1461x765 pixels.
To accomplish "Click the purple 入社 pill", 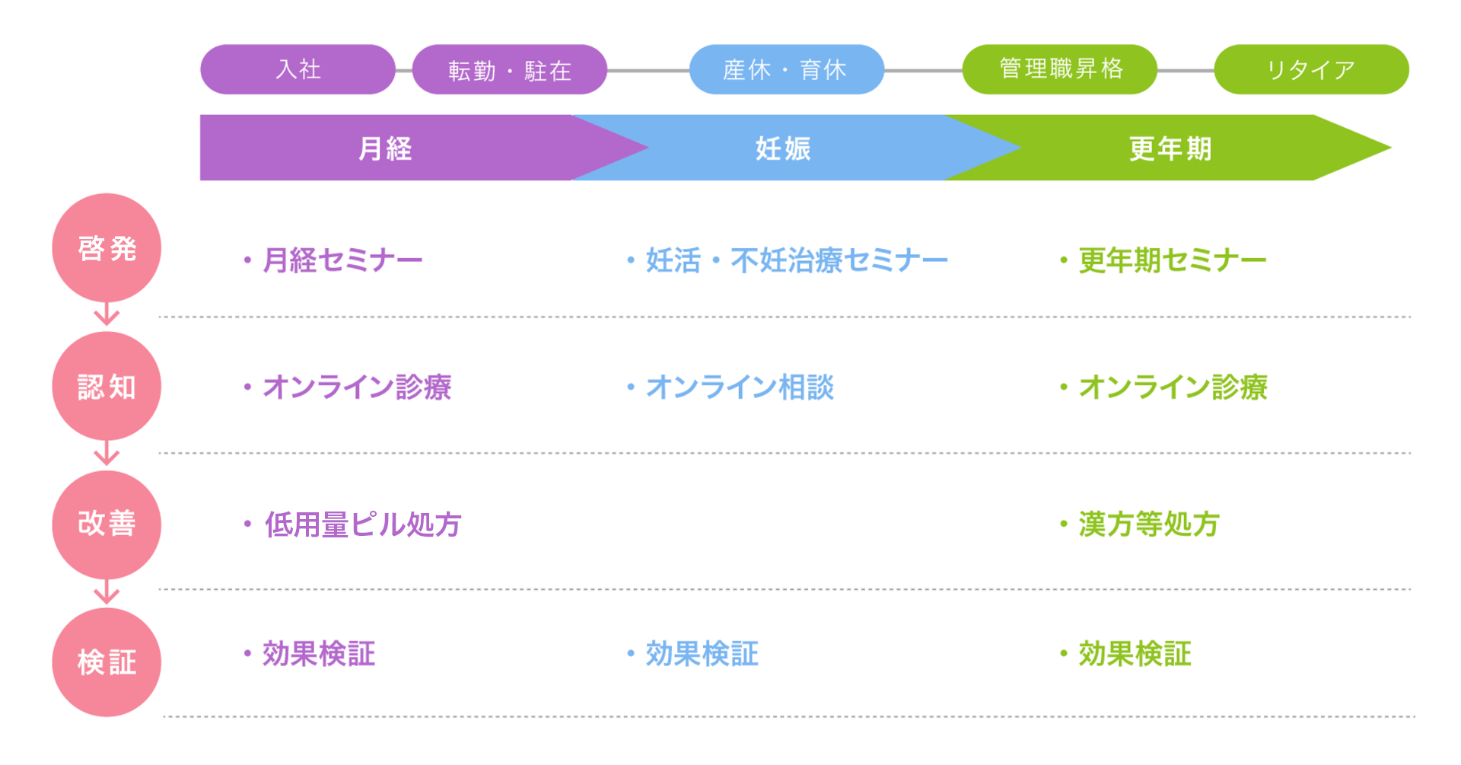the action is tap(298, 69).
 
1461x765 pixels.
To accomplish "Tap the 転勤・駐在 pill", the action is tap(509, 69).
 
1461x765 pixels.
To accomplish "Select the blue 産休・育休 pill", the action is tap(786, 69).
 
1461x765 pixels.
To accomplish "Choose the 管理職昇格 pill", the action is tap(1059, 69).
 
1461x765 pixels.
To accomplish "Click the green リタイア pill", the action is tap(1311, 69).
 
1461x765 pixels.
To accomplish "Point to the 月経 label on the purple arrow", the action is tap(385, 148).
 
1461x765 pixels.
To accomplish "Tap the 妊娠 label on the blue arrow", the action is tap(783, 148).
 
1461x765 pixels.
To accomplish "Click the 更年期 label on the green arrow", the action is tap(1170, 148).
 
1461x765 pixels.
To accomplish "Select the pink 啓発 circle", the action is tap(107, 248).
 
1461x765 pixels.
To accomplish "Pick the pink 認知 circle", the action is tap(107, 387).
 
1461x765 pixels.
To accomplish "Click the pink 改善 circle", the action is tap(107, 524).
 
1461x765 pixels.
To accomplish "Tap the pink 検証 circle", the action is tap(107, 662).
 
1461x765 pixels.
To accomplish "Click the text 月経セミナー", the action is tap(342, 260).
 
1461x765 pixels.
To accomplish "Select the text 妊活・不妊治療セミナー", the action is tap(797, 260).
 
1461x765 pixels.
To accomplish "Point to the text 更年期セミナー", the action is tap(1172, 260).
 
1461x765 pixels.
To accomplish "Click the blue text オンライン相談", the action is tap(740, 387).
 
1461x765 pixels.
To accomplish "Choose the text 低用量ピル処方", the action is tap(362, 524).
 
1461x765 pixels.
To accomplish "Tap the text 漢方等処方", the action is tap(1149, 524).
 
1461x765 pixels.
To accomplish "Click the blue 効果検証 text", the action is tap(702, 654).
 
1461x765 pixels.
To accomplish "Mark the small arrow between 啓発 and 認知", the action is tap(107, 314).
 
